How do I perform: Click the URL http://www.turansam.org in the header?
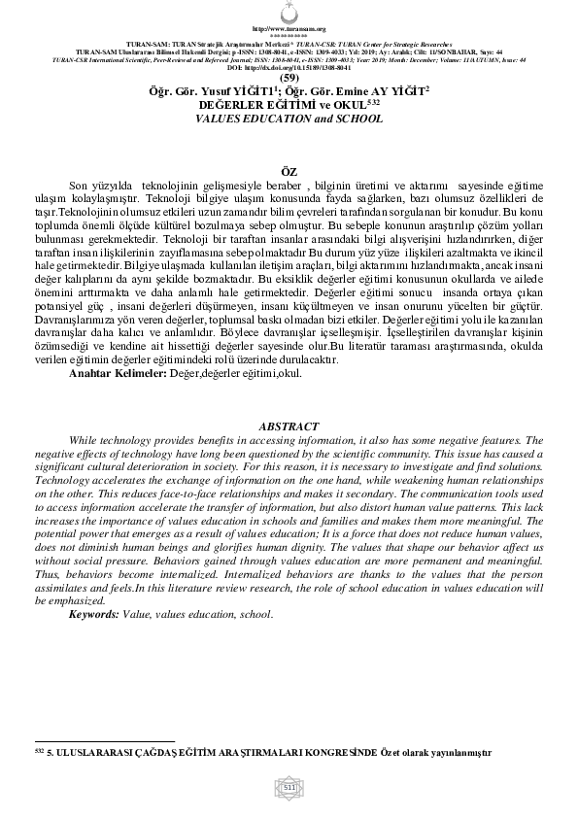coord(289,29)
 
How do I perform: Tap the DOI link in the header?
coord(289,68)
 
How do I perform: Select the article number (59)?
coord(289,78)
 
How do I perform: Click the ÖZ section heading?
coord(289,171)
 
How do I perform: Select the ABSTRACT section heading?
coord(289,426)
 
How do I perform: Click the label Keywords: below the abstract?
coord(93,615)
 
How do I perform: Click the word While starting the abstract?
coord(85,440)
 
